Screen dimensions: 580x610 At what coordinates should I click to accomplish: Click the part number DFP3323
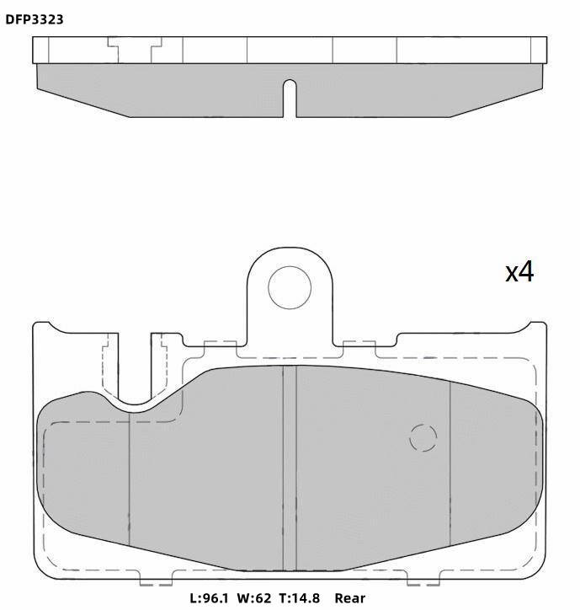(35, 19)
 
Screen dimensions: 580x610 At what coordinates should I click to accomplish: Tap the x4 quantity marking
(519, 272)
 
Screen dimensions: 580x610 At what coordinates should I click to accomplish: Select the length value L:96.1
(209, 597)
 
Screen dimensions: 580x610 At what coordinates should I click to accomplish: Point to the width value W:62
(254, 597)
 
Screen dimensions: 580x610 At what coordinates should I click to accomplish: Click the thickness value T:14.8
(300, 597)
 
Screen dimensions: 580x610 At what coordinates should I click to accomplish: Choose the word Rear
(350, 597)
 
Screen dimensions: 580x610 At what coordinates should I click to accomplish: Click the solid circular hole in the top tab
(290, 288)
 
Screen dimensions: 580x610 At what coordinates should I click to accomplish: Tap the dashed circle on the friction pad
(423, 437)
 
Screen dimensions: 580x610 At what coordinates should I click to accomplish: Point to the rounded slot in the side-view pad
(290, 98)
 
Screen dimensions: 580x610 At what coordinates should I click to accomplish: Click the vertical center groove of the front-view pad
(290, 468)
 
